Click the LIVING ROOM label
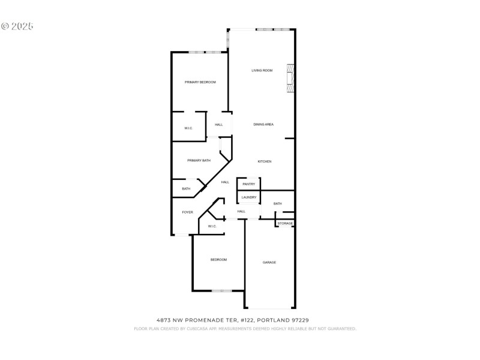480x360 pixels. tap(262, 71)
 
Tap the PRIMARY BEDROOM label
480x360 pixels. tap(200, 82)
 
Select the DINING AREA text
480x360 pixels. tap(263, 124)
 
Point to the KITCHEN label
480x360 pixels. tap(265, 161)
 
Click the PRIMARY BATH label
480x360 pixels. tap(199, 160)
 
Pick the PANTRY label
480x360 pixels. tap(249, 184)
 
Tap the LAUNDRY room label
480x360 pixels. tap(249, 197)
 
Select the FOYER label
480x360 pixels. tap(188, 212)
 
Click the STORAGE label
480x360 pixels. tap(285, 223)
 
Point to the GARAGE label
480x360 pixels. tap(269, 262)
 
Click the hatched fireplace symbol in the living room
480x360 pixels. tap(290, 78)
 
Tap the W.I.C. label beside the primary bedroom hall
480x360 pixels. tap(188, 128)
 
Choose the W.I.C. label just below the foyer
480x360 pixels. tap(212, 226)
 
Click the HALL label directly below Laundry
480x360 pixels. tap(241, 211)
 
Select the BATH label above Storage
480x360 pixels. tap(277, 204)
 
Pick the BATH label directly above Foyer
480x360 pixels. tap(186, 189)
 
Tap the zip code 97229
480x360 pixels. tap(301, 320)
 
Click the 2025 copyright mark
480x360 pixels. tap(17, 26)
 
